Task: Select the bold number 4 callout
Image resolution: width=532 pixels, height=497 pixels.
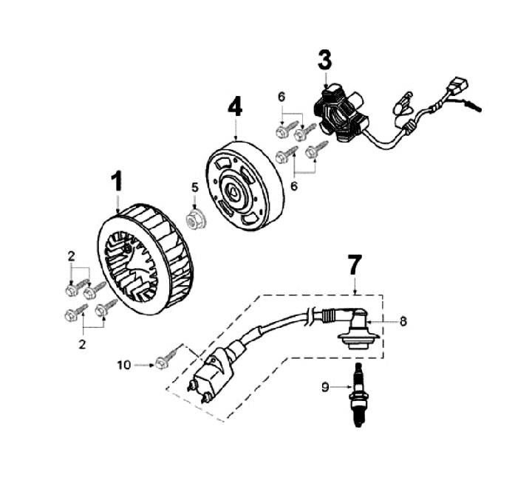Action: click(234, 107)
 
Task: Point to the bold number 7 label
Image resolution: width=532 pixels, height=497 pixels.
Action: click(355, 263)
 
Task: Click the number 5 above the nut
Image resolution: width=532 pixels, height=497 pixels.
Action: click(194, 187)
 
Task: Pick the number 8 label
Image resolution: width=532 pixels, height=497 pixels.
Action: click(403, 321)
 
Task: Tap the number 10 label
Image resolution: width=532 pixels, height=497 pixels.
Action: click(123, 364)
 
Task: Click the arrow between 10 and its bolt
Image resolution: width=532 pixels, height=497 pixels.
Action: click(143, 364)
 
